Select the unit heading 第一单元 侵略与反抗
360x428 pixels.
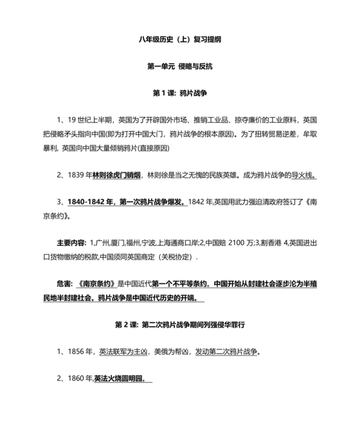pos(180,66)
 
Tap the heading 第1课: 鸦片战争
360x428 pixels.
pos(180,93)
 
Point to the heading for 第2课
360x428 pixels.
pos(180,323)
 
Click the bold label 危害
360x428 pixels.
pos(64,283)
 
